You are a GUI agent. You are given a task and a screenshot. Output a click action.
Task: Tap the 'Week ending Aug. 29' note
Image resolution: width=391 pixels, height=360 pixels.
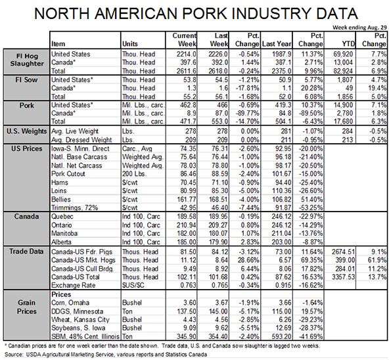(359, 28)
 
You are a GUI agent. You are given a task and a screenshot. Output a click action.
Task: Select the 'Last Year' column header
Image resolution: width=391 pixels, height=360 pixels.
(277, 44)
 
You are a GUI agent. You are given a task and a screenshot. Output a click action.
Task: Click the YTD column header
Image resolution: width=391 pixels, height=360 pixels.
(348, 44)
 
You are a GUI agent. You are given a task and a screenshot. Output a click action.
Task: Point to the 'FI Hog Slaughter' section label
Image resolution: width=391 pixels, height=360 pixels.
(27, 60)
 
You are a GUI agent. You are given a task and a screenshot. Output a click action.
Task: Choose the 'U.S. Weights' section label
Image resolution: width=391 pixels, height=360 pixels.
(27, 131)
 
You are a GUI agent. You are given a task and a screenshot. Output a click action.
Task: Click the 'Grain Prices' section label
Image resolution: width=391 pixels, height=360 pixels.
(27, 307)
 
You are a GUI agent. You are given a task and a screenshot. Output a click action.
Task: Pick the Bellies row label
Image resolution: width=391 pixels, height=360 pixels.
(61, 200)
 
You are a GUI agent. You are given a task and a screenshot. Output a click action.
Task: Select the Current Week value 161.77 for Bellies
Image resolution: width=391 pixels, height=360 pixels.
(186, 200)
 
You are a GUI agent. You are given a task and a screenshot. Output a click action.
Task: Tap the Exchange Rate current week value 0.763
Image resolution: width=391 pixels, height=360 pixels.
(188, 285)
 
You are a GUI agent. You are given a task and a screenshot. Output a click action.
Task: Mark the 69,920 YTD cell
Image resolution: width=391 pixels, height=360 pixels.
(343, 54)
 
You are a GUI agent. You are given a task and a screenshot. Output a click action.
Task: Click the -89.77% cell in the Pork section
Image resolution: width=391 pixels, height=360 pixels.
(247, 114)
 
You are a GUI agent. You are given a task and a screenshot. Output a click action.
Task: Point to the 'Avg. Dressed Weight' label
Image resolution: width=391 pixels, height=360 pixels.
(81, 140)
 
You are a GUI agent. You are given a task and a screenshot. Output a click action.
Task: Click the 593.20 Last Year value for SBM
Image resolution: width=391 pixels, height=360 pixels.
(281, 336)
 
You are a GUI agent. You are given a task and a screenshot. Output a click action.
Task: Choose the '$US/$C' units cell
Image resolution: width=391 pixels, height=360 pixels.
(133, 285)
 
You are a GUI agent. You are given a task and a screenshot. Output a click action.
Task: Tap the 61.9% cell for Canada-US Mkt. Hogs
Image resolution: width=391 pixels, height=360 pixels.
(377, 260)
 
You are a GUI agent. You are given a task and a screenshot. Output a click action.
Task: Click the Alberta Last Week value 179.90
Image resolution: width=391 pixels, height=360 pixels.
(218, 242)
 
